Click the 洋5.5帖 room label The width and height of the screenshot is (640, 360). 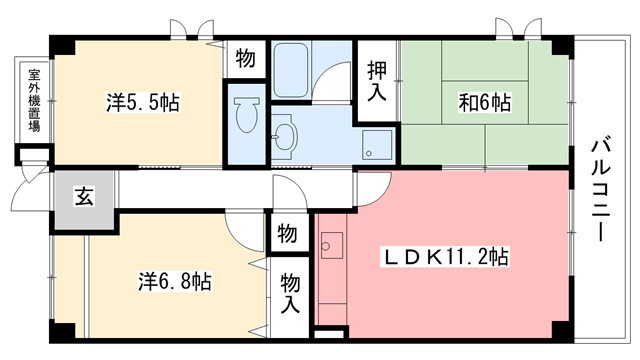point(144,102)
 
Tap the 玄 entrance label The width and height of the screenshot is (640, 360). point(83,196)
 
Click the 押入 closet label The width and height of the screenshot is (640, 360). point(376,82)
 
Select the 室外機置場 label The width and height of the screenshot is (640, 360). point(34,100)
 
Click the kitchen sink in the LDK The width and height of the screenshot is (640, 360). point(332,244)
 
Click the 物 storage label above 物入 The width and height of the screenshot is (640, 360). point(286,234)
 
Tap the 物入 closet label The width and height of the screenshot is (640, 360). point(291,292)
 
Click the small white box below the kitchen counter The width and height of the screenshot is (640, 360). point(329,331)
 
